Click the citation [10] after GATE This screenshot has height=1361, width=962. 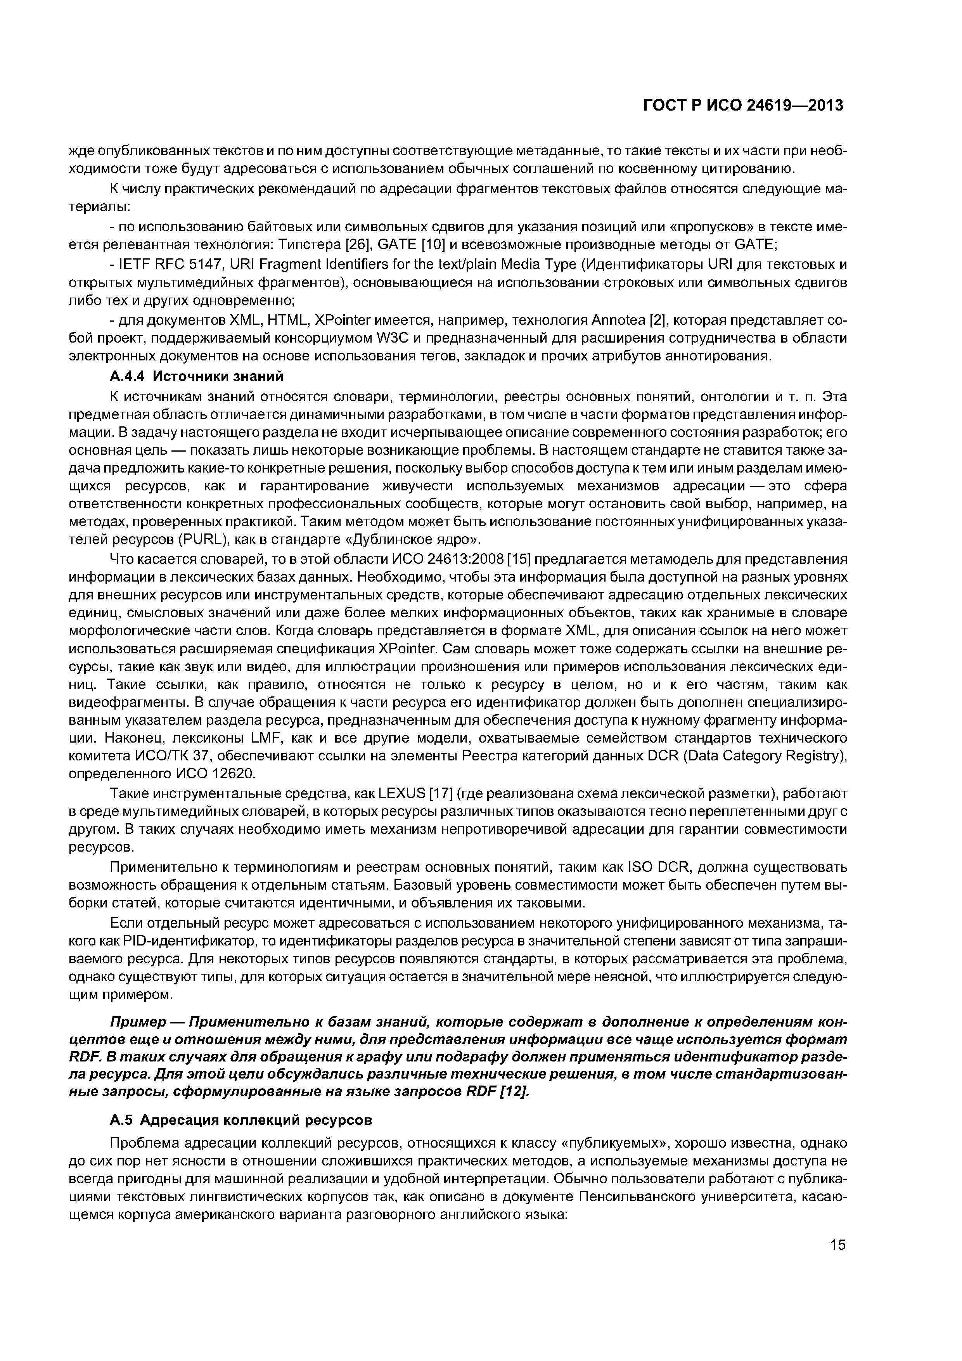(431, 244)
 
